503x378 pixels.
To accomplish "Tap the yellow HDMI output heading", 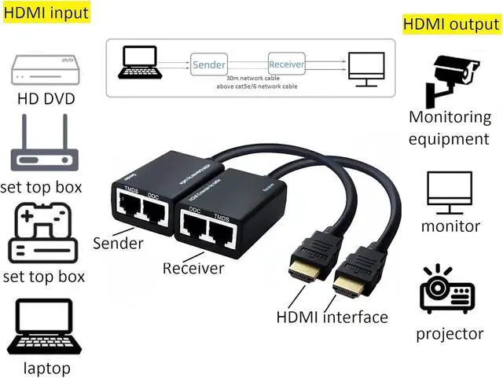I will click(451, 24).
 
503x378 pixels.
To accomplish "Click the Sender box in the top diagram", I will click(208, 64).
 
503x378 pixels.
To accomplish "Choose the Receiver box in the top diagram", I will click(286, 64).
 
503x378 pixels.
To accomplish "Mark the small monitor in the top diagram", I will click(367, 66).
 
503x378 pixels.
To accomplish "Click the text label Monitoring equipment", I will click(450, 128).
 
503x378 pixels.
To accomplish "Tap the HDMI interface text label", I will click(332, 317).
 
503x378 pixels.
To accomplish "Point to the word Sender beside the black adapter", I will click(118, 243).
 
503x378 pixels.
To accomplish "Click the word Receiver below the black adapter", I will click(193, 268).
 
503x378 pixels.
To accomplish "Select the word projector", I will click(450, 334).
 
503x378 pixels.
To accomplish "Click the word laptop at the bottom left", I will click(46, 368).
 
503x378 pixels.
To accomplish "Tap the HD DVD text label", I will click(46, 101).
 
